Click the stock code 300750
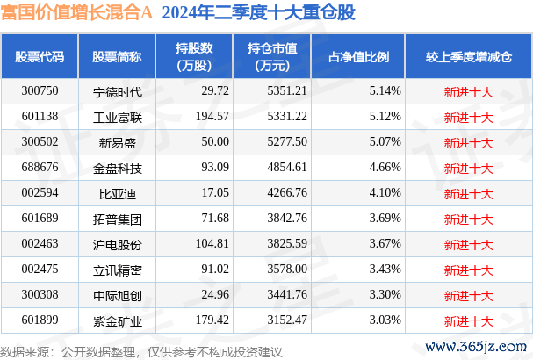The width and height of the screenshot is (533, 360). (40, 91)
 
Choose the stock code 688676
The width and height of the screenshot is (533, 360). (40, 165)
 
